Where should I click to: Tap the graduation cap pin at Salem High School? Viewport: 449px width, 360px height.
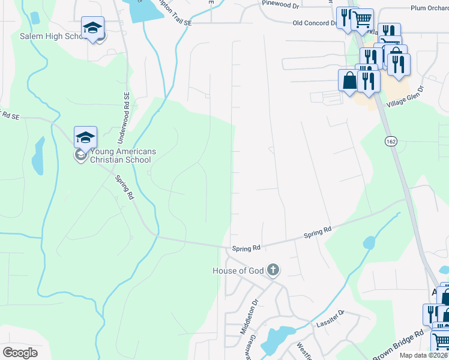click(x=93, y=28)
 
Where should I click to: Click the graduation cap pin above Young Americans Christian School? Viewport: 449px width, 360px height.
click(x=85, y=137)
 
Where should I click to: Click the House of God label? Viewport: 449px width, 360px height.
click(x=238, y=271)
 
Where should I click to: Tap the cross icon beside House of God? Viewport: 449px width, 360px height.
click(x=273, y=270)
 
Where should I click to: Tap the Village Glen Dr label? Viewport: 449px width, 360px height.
click(x=406, y=97)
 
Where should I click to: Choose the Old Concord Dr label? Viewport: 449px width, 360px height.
click(x=314, y=23)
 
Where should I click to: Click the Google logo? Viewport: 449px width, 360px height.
click(x=20, y=352)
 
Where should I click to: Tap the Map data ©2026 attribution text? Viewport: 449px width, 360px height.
click(x=423, y=355)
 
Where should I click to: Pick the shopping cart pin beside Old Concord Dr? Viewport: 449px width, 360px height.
click(x=362, y=20)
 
